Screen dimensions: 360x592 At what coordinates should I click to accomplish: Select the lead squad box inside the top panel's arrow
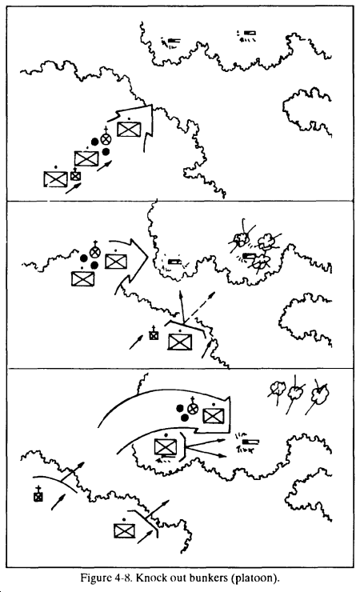(x=129, y=130)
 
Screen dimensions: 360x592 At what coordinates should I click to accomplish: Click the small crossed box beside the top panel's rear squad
(x=76, y=175)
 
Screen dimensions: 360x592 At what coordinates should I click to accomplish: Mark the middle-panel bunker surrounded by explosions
(x=249, y=256)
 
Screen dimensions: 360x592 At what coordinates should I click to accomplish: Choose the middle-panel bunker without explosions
(x=174, y=262)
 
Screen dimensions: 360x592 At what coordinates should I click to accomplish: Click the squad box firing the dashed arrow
(x=180, y=342)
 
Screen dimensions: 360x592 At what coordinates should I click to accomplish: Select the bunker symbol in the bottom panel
(x=251, y=442)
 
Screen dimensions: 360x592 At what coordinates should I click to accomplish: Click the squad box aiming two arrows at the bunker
(x=166, y=447)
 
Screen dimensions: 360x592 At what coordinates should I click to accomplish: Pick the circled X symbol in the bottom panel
(x=194, y=408)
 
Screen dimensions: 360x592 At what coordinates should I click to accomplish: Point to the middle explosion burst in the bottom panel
(x=296, y=393)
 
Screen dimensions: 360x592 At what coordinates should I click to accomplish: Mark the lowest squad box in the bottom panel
(x=125, y=530)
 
